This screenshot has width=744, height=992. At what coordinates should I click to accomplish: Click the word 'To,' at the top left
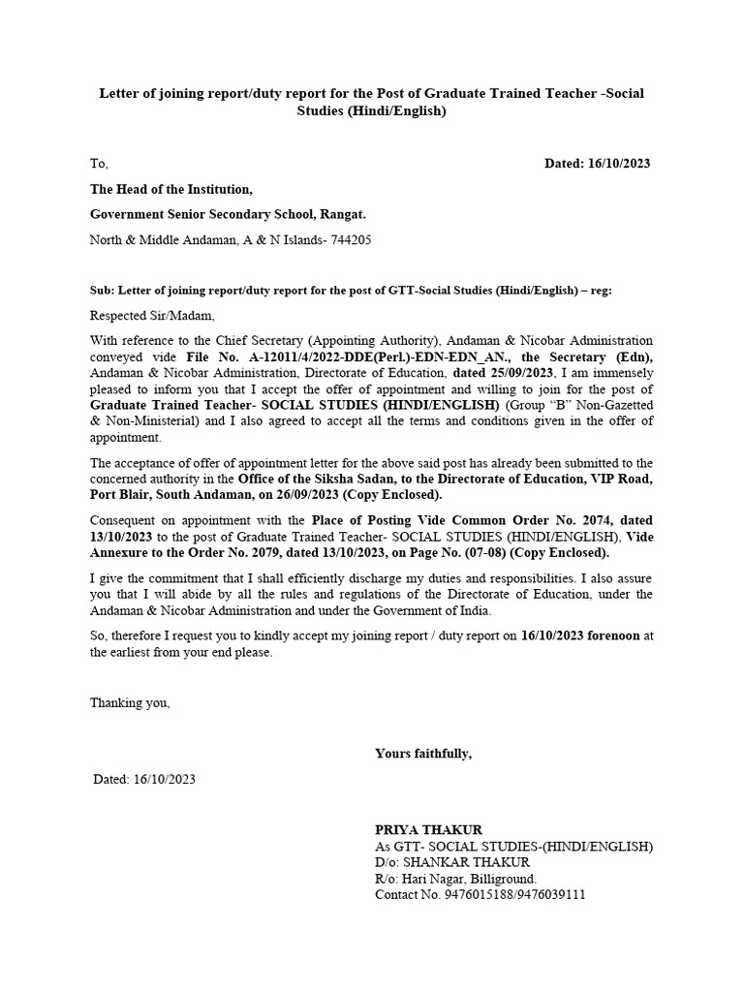tap(99, 164)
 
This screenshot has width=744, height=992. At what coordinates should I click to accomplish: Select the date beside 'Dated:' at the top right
tap(619, 164)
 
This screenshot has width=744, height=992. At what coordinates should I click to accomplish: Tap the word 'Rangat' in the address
tap(341, 214)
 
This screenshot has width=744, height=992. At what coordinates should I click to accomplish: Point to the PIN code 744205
tap(351, 239)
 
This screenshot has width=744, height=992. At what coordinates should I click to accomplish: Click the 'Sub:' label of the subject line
tap(102, 290)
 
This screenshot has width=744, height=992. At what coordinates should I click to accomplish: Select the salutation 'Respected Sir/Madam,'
tap(153, 315)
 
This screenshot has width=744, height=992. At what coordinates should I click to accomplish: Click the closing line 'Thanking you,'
tap(130, 703)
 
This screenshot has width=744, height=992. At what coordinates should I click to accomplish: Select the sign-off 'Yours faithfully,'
tap(423, 753)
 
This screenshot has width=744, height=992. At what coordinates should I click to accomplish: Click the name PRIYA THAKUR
tap(428, 829)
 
